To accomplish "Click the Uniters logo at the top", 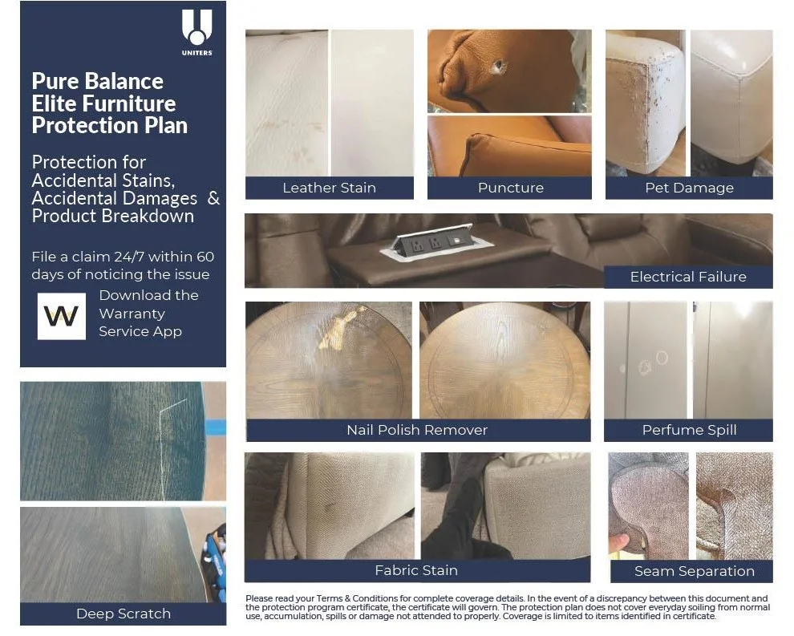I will [x=196, y=32].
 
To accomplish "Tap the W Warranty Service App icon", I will [x=61, y=316].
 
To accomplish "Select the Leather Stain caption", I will [x=329, y=188].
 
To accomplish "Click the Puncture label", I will [x=510, y=188].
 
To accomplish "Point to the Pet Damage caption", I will [x=689, y=188].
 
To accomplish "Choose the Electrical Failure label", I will [x=687, y=277].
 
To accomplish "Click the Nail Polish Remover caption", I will [x=417, y=430].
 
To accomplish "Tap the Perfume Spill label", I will [x=689, y=430].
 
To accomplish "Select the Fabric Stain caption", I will [x=416, y=571].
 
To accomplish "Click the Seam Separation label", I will [x=694, y=571].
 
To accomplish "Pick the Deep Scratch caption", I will [x=123, y=614].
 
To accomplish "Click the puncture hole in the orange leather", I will [x=500, y=67].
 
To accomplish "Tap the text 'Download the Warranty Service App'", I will [x=148, y=314].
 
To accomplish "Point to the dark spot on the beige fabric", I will [x=330, y=508].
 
